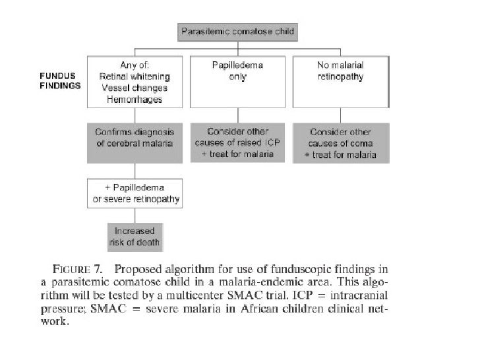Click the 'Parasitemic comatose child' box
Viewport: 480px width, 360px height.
tap(237, 32)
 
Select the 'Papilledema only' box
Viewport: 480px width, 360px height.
tap(237, 82)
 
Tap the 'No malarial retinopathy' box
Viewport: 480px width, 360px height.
tap(341, 82)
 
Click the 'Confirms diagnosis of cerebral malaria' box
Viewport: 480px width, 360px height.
tap(135, 143)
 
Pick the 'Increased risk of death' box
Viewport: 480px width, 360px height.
tap(135, 237)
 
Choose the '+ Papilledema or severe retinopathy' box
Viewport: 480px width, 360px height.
tap(135, 193)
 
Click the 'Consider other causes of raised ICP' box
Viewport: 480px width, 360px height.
tap(237, 142)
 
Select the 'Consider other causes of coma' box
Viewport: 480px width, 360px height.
tap(341, 143)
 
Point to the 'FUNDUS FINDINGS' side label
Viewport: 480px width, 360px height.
tap(60, 81)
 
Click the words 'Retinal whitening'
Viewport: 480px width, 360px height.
tap(135, 76)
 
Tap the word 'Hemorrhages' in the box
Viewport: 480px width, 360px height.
tap(135, 100)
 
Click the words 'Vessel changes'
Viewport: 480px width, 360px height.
tap(135, 88)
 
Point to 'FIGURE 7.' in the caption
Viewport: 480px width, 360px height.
tap(77, 269)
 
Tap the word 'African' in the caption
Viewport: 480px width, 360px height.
tap(258, 309)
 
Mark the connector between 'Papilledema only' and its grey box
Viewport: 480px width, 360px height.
tap(238, 115)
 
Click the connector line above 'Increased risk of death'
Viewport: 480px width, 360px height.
tap(135, 216)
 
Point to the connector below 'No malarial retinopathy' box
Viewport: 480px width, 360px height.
tap(340, 115)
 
